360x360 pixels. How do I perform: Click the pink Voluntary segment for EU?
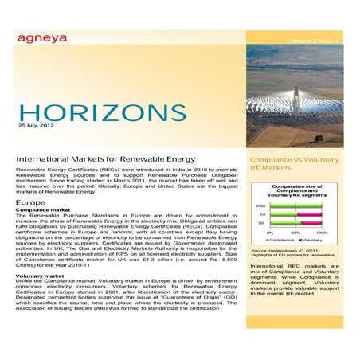click(309, 214)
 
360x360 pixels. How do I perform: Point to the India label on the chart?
click(261, 205)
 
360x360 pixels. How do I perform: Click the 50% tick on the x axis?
click(296, 233)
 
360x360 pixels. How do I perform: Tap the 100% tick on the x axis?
click(322, 233)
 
